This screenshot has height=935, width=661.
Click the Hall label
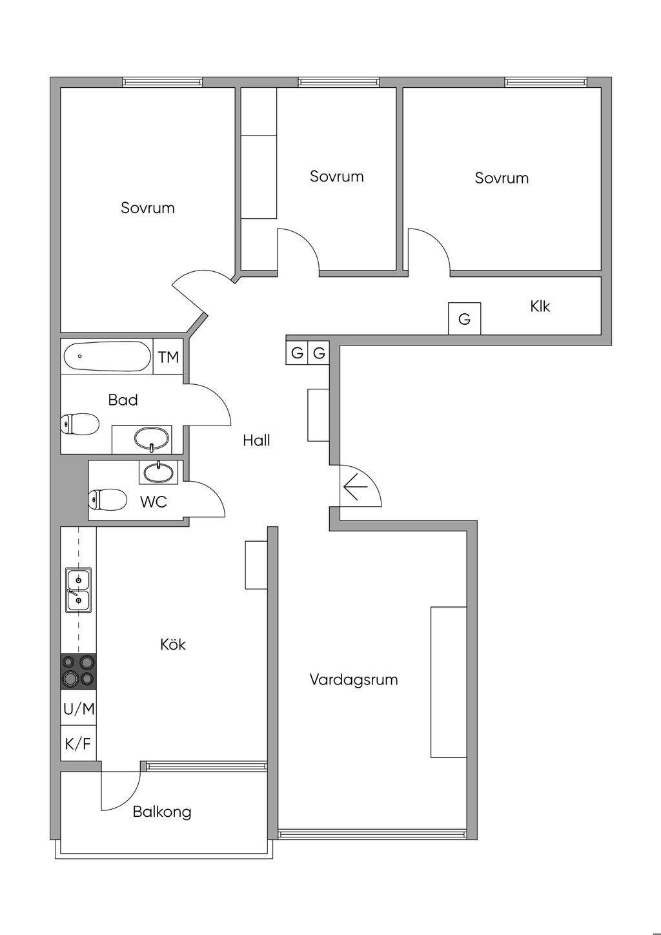point(256,440)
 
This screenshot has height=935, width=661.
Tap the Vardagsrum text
point(353,679)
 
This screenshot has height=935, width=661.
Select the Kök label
point(173,644)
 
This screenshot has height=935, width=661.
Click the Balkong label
point(162,812)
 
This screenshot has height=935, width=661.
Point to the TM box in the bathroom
point(168,356)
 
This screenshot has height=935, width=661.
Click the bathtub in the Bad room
point(107,356)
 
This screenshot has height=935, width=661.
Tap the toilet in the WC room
point(108,500)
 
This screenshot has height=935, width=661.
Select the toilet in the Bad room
point(80,424)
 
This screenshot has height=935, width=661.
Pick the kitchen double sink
point(78,590)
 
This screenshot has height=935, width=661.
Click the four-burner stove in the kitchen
point(78,671)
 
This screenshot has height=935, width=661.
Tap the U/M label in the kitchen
point(79,709)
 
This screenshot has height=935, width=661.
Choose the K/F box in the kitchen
point(78,744)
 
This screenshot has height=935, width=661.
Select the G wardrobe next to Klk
point(464,319)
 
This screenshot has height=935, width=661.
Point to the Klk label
point(540,306)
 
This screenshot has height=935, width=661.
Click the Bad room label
point(123,400)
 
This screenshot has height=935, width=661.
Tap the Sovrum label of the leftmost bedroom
point(148,208)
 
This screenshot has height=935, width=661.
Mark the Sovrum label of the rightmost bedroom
point(502,178)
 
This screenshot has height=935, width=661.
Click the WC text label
point(154,502)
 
